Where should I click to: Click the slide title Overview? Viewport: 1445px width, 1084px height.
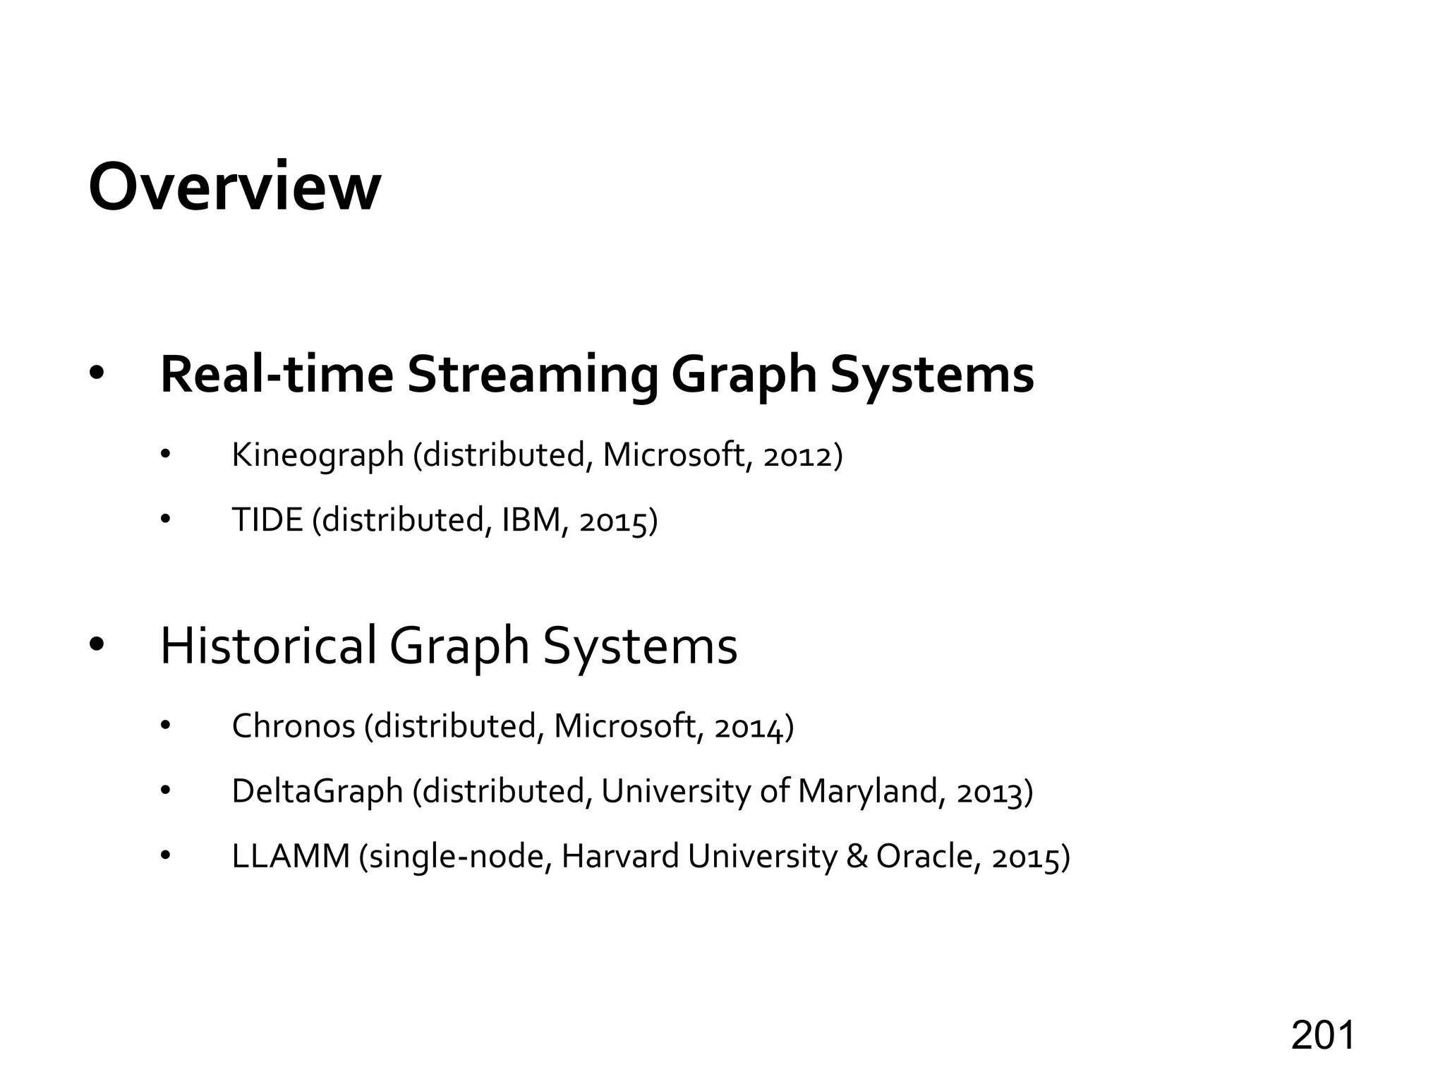(x=234, y=187)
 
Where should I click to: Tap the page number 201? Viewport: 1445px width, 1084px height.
(x=1323, y=1036)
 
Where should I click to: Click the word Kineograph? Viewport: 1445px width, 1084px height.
(x=318, y=455)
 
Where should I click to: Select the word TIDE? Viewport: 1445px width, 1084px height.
(x=267, y=520)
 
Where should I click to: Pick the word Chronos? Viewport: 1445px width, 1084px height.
(x=294, y=726)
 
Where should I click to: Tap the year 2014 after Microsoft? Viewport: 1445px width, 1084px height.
(x=749, y=727)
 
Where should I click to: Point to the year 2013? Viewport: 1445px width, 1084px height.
(x=991, y=793)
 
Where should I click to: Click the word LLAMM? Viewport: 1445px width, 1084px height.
(x=291, y=857)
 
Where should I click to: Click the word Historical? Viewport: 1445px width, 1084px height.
(x=268, y=645)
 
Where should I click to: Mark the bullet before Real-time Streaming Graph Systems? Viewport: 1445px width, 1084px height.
(x=97, y=374)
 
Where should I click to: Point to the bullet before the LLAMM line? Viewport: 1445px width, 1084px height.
(x=166, y=857)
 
